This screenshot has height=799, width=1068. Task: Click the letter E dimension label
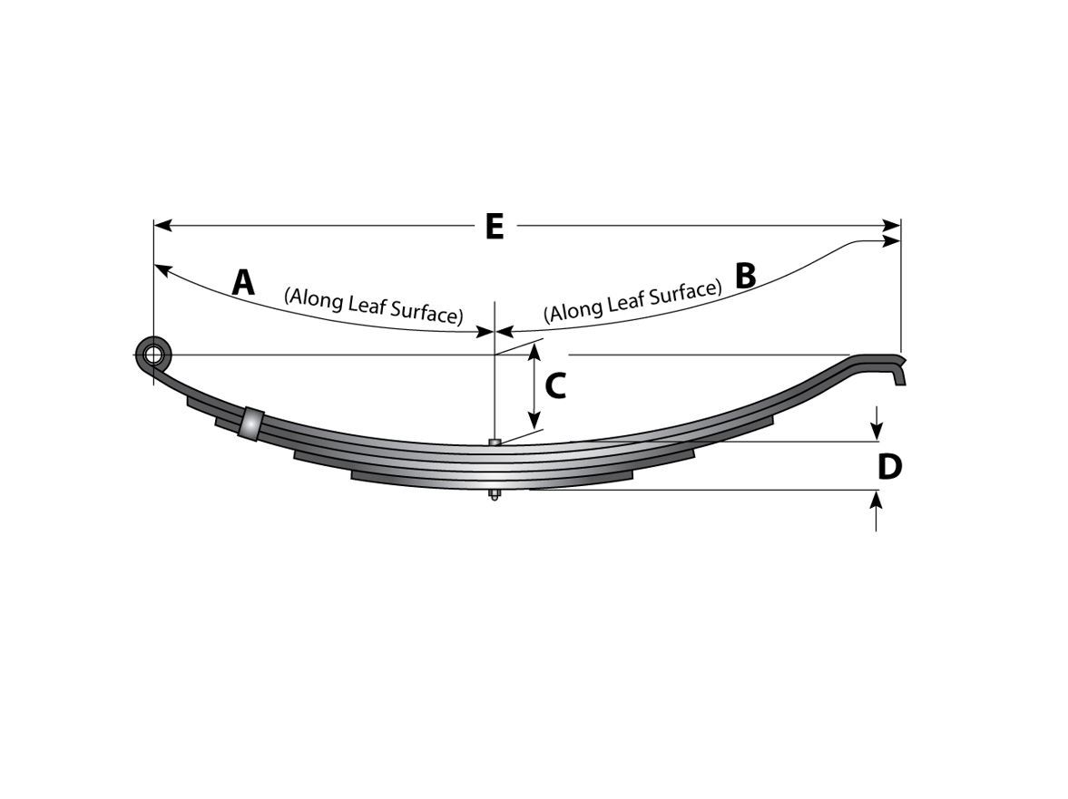click(x=494, y=227)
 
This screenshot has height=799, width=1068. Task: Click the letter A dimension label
click(x=243, y=283)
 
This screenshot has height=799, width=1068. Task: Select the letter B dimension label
click(x=745, y=276)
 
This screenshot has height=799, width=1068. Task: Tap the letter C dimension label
click(x=555, y=386)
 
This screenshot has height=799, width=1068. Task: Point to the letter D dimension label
click(x=889, y=467)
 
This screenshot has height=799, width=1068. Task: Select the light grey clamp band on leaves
click(x=250, y=424)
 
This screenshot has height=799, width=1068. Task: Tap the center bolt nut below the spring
click(x=494, y=495)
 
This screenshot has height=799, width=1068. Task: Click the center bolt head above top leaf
click(x=495, y=443)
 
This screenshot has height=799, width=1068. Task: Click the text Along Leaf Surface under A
click(x=373, y=306)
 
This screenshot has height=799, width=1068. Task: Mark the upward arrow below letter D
click(x=876, y=500)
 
